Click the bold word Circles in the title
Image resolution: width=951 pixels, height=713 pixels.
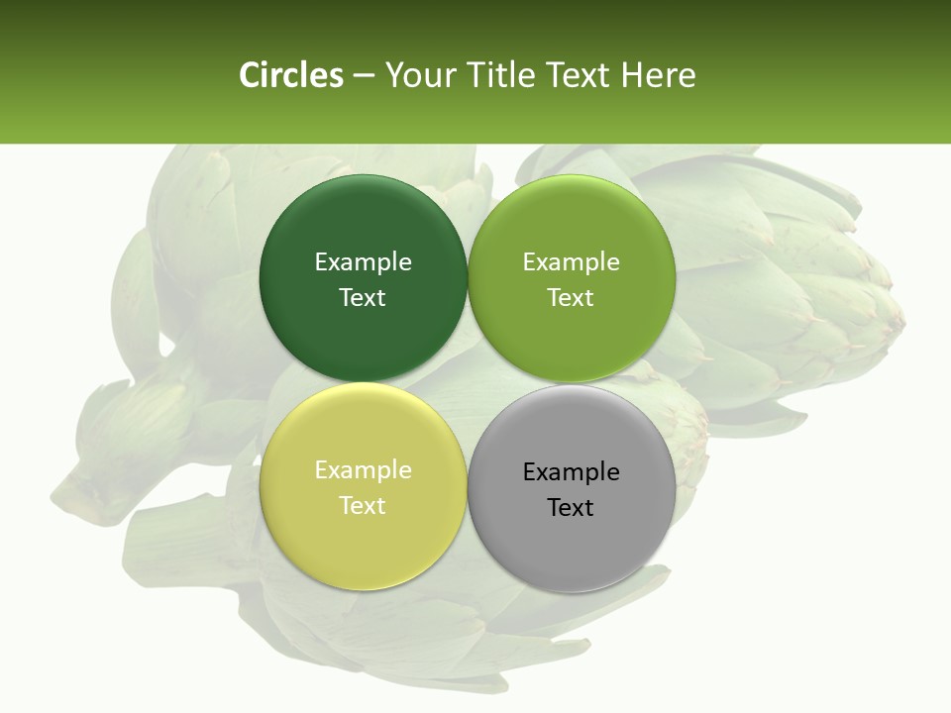(x=291, y=75)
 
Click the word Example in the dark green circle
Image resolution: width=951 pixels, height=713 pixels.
(x=363, y=262)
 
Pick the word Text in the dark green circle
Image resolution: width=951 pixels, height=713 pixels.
(x=363, y=298)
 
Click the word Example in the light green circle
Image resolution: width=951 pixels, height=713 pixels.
(x=572, y=262)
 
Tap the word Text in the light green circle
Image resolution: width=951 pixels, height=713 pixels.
(x=572, y=298)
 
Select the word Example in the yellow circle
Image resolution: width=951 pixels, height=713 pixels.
(x=363, y=470)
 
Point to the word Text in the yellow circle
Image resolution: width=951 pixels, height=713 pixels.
(x=363, y=506)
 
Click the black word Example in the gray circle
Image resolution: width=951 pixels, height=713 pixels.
(x=572, y=472)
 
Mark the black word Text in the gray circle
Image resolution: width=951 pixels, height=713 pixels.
(x=572, y=508)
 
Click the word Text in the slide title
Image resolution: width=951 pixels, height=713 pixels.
(x=579, y=75)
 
